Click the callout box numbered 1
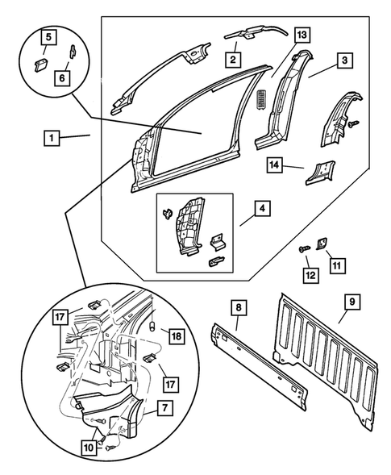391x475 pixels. (51, 139)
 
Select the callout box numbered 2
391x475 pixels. (232, 59)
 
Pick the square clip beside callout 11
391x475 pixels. (318, 244)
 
